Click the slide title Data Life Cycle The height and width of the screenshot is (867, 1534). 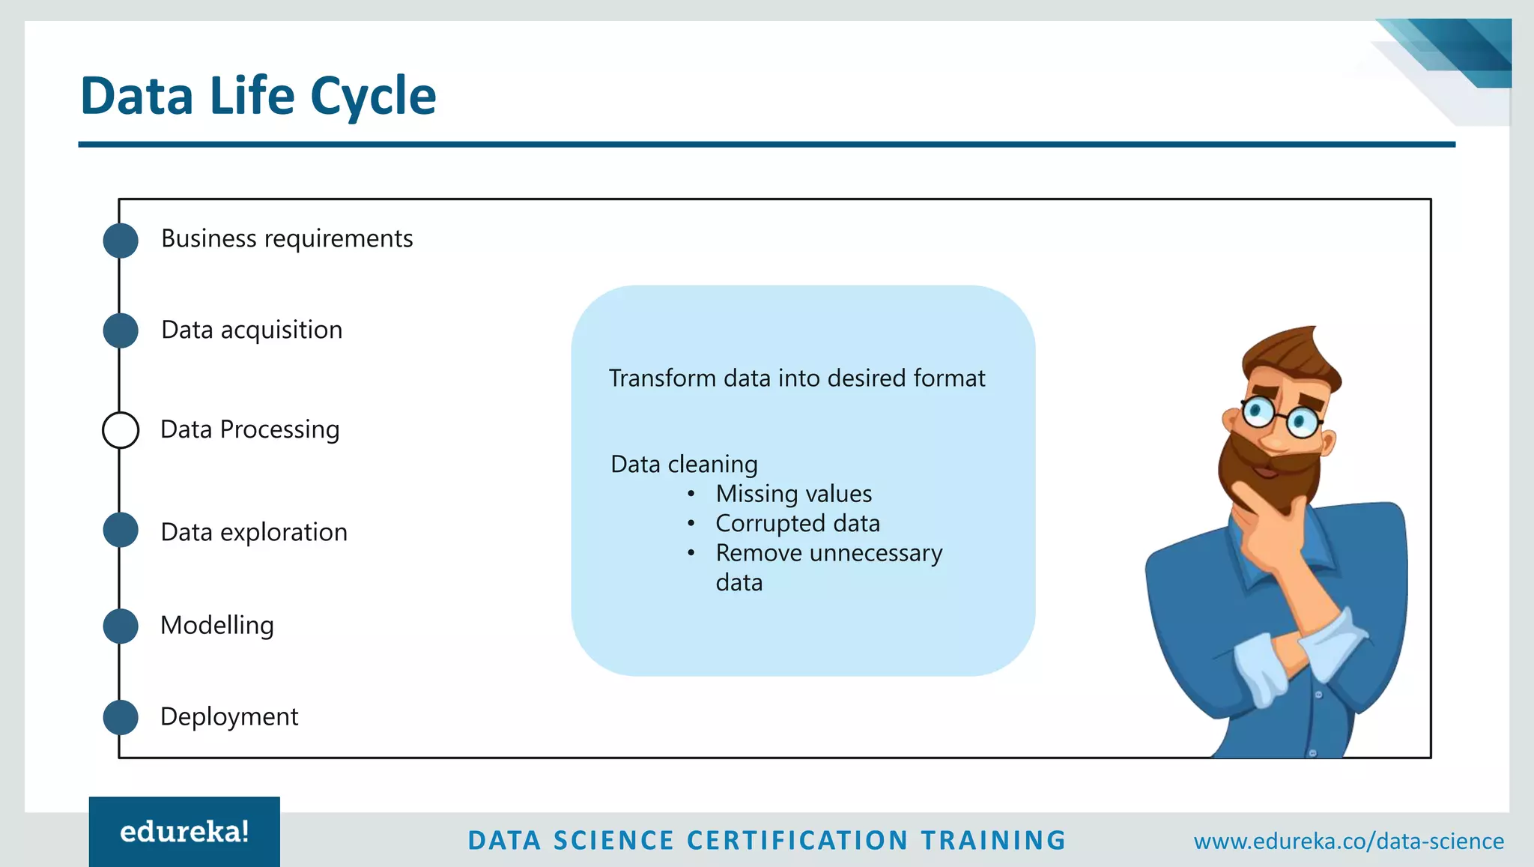(258, 96)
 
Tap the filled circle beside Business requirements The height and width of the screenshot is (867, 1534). (121, 241)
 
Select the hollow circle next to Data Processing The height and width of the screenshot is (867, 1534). (121, 430)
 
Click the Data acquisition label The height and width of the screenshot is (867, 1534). (252, 330)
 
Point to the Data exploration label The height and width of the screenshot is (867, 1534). (254, 532)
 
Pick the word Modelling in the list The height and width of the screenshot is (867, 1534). (217, 625)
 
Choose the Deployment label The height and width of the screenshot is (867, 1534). (229, 716)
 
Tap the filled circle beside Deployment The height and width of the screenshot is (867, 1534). (121, 717)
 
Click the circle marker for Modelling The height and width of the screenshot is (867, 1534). (121, 626)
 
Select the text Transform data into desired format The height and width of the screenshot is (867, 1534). (796, 378)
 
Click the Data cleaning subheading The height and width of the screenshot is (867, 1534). (684, 465)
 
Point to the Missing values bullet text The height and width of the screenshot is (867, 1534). (793, 494)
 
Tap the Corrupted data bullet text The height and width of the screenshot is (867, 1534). (797, 523)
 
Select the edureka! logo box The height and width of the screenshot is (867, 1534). (184, 832)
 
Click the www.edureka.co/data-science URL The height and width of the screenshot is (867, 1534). (1348, 841)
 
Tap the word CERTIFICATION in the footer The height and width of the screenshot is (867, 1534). (797, 840)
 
